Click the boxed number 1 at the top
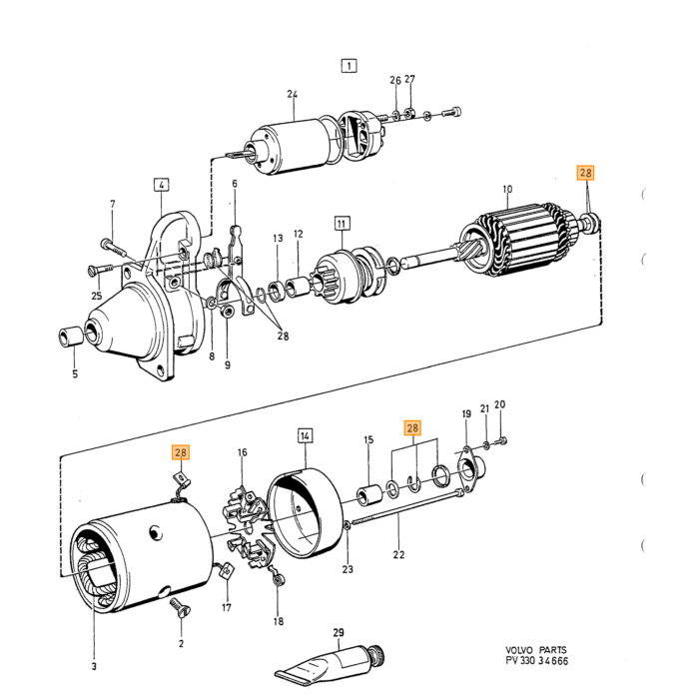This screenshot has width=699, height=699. tap(349, 66)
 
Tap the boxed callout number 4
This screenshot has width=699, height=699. tap(162, 184)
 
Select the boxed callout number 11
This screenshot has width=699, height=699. tap(342, 223)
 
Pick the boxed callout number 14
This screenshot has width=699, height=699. tap(305, 435)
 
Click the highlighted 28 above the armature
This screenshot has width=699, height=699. tap(585, 172)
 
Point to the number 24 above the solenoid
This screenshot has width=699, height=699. tap(292, 94)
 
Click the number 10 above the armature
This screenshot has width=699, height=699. tap(507, 189)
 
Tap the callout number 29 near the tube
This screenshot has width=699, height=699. tap(339, 632)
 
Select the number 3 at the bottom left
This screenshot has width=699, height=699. tap(94, 666)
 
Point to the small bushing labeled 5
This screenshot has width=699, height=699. tap(71, 337)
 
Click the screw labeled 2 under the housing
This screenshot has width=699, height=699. tap(180, 607)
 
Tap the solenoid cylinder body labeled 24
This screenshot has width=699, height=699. tap(290, 145)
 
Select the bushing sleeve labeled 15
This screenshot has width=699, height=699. tap(369, 495)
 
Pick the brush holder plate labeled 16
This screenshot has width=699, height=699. tap(249, 527)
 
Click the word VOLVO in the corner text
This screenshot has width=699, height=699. tap(519, 650)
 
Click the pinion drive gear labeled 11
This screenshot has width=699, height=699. tap(349, 276)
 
